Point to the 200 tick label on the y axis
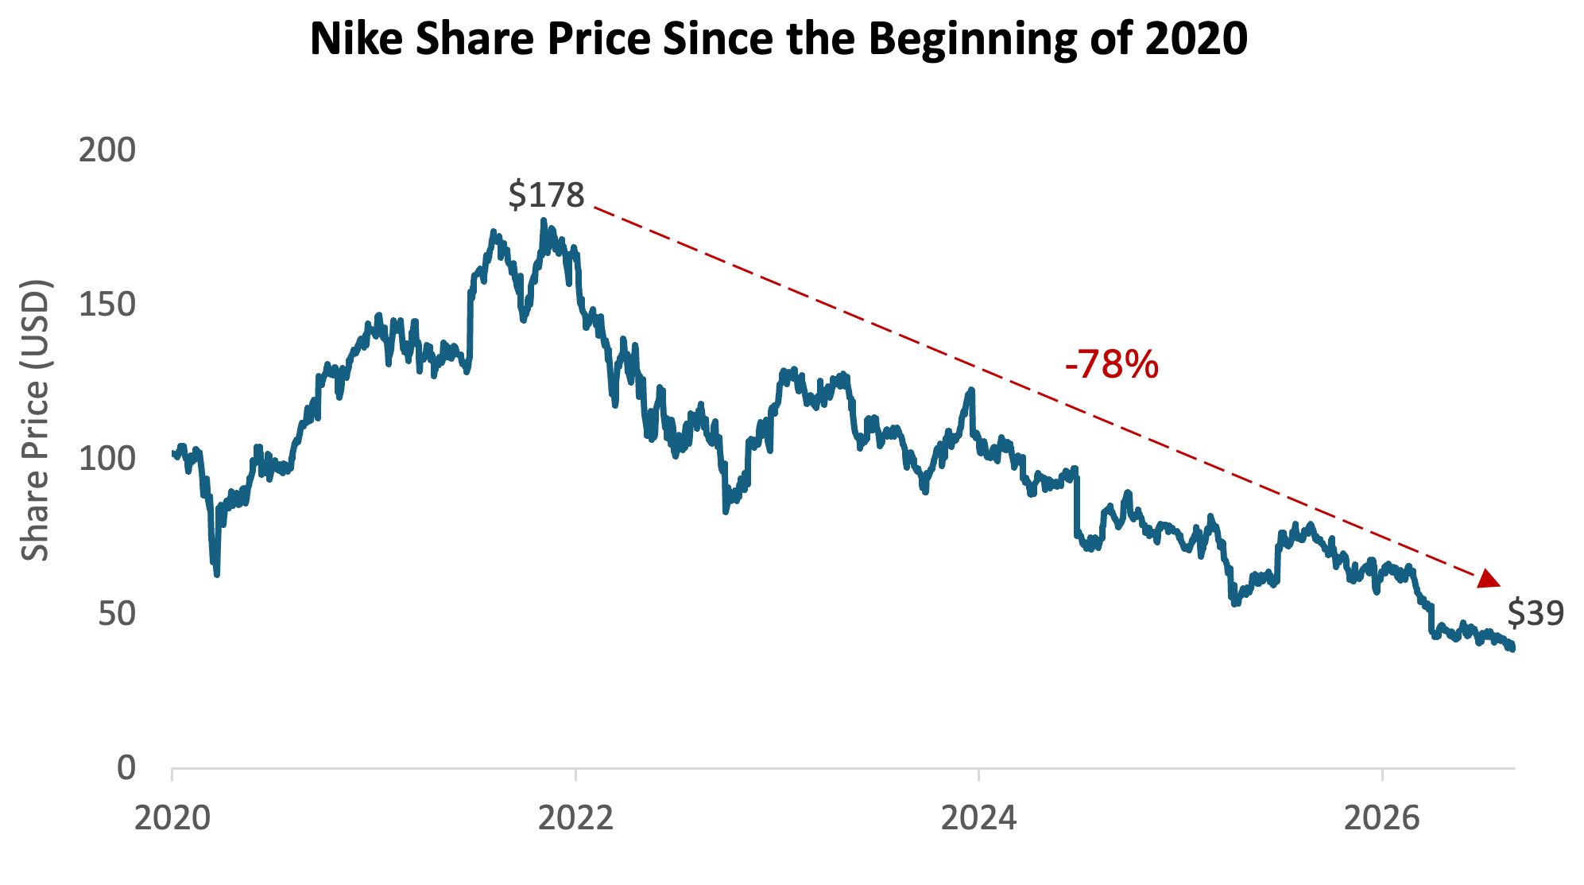coord(107,150)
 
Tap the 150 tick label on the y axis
coord(107,305)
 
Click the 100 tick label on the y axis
coord(107,459)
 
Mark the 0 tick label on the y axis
coord(127,768)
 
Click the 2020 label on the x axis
coord(172,817)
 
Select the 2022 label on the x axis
coord(576,817)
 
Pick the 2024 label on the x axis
coord(979,817)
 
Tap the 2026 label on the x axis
coord(1382,817)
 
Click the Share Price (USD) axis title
coord(35,420)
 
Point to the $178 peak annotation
coord(546,195)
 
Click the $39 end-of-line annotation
coord(1536,613)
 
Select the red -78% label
coord(1112,365)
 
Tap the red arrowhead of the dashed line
coord(1489,580)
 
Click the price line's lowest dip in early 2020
coord(216,574)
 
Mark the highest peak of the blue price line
coord(544,220)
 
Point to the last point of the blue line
coord(1512,648)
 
